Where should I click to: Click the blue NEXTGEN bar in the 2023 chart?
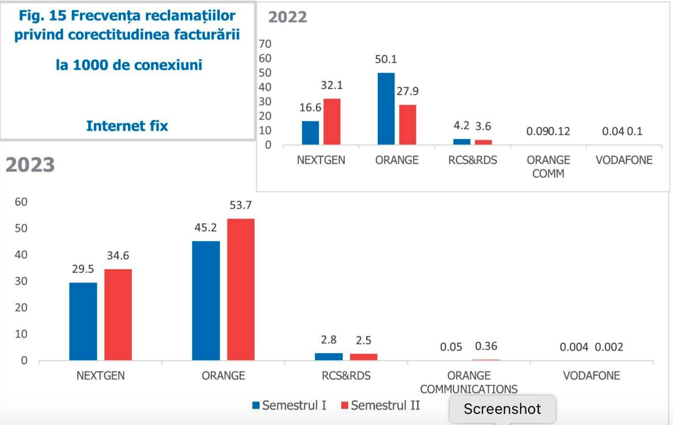click(x=83, y=321)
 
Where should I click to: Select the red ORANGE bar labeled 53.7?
click(x=241, y=290)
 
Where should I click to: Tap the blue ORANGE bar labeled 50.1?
click(x=386, y=108)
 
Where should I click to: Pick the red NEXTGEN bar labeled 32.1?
click(x=332, y=122)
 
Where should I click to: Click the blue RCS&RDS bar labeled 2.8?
click(x=329, y=357)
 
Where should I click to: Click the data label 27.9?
click(x=407, y=91)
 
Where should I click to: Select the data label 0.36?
click(x=486, y=347)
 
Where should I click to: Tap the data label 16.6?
click(x=311, y=108)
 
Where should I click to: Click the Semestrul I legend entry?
click(x=289, y=405)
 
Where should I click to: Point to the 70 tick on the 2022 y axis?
click(x=265, y=44)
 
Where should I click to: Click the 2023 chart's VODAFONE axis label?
click(x=591, y=376)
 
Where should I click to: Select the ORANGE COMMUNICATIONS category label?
click(x=469, y=382)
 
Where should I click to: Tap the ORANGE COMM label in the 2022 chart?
click(x=548, y=166)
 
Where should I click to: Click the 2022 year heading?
click(x=287, y=17)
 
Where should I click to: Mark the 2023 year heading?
click(x=30, y=164)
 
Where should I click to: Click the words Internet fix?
click(x=127, y=126)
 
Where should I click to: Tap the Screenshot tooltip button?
click(x=502, y=409)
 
